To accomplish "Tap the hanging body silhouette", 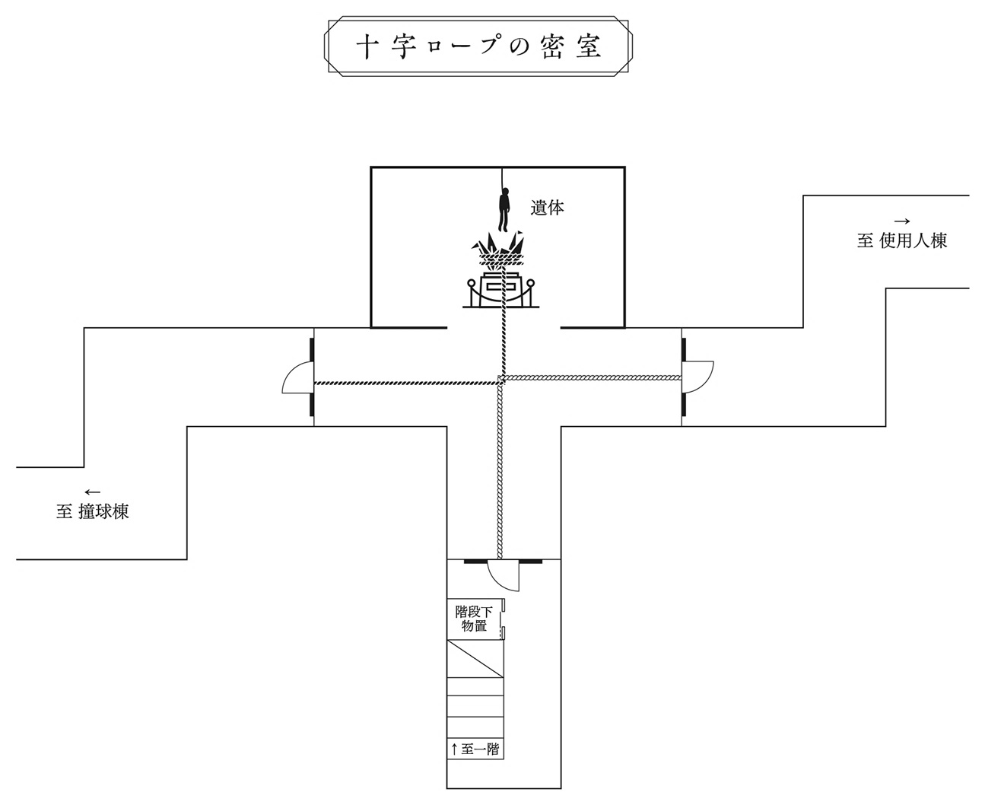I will pyautogui.click(x=503, y=210).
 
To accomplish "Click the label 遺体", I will pyautogui.click(x=547, y=207).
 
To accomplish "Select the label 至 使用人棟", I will pyautogui.click(x=902, y=241).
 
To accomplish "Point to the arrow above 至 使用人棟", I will pyautogui.click(x=902, y=221).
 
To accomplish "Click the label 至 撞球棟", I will pyautogui.click(x=92, y=511).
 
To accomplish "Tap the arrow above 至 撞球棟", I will pyautogui.click(x=92, y=492).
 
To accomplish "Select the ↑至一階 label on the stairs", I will pyautogui.click(x=475, y=749).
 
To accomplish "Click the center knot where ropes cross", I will pyautogui.click(x=502, y=379).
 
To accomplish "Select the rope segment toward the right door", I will pyautogui.click(x=593, y=377).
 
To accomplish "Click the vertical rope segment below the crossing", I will pyautogui.click(x=499, y=472).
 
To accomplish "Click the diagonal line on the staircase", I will pyautogui.click(x=475, y=659).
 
